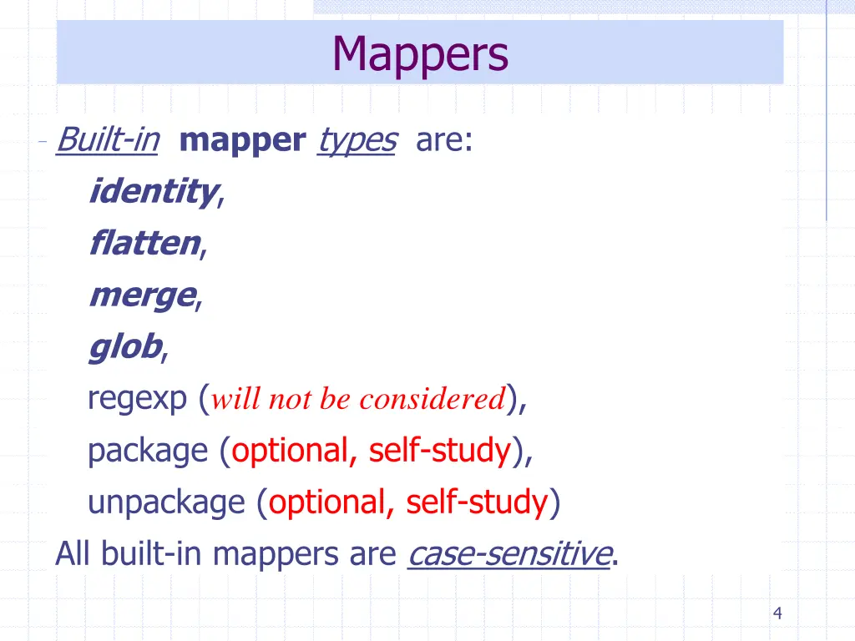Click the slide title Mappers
(x=419, y=54)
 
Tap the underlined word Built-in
(x=107, y=140)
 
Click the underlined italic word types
(x=357, y=140)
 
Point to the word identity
(x=153, y=192)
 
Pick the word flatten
(x=144, y=244)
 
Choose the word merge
(x=141, y=295)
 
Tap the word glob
(x=125, y=347)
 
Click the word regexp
(x=138, y=400)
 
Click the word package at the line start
(x=147, y=452)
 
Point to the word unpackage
(x=166, y=503)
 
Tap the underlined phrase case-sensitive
(x=509, y=553)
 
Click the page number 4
(x=777, y=614)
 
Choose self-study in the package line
(x=439, y=452)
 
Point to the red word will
(x=237, y=400)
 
